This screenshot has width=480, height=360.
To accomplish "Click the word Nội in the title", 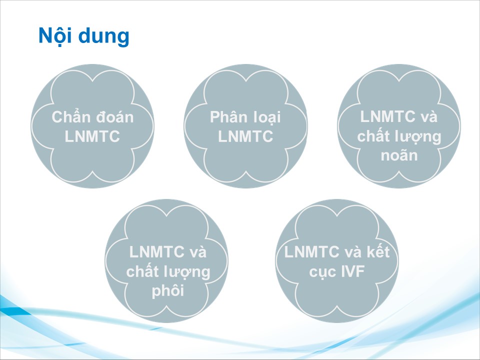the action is click(x=55, y=36).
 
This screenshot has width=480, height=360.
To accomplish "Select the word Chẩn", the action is click(x=71, y=116).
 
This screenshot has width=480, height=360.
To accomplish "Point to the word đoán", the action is click(x=115, y=117).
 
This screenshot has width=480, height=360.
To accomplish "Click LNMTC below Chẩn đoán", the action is click(x=92, y=136).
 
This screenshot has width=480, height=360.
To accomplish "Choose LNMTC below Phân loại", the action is click(x=245, y=136).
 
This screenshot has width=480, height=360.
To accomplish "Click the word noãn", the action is click(x=399, y=155).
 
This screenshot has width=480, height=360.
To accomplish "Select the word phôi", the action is click(x=168, y=290).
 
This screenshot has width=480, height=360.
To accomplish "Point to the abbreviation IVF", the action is click(x=351, y=271).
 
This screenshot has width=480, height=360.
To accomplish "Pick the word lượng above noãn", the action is click(x=423, y=137).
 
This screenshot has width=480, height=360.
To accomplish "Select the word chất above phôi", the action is click(x=146, y=270).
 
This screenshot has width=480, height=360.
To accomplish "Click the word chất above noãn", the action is click(x=378, y=135).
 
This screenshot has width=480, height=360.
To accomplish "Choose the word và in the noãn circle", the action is click(x=429, y=116).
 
